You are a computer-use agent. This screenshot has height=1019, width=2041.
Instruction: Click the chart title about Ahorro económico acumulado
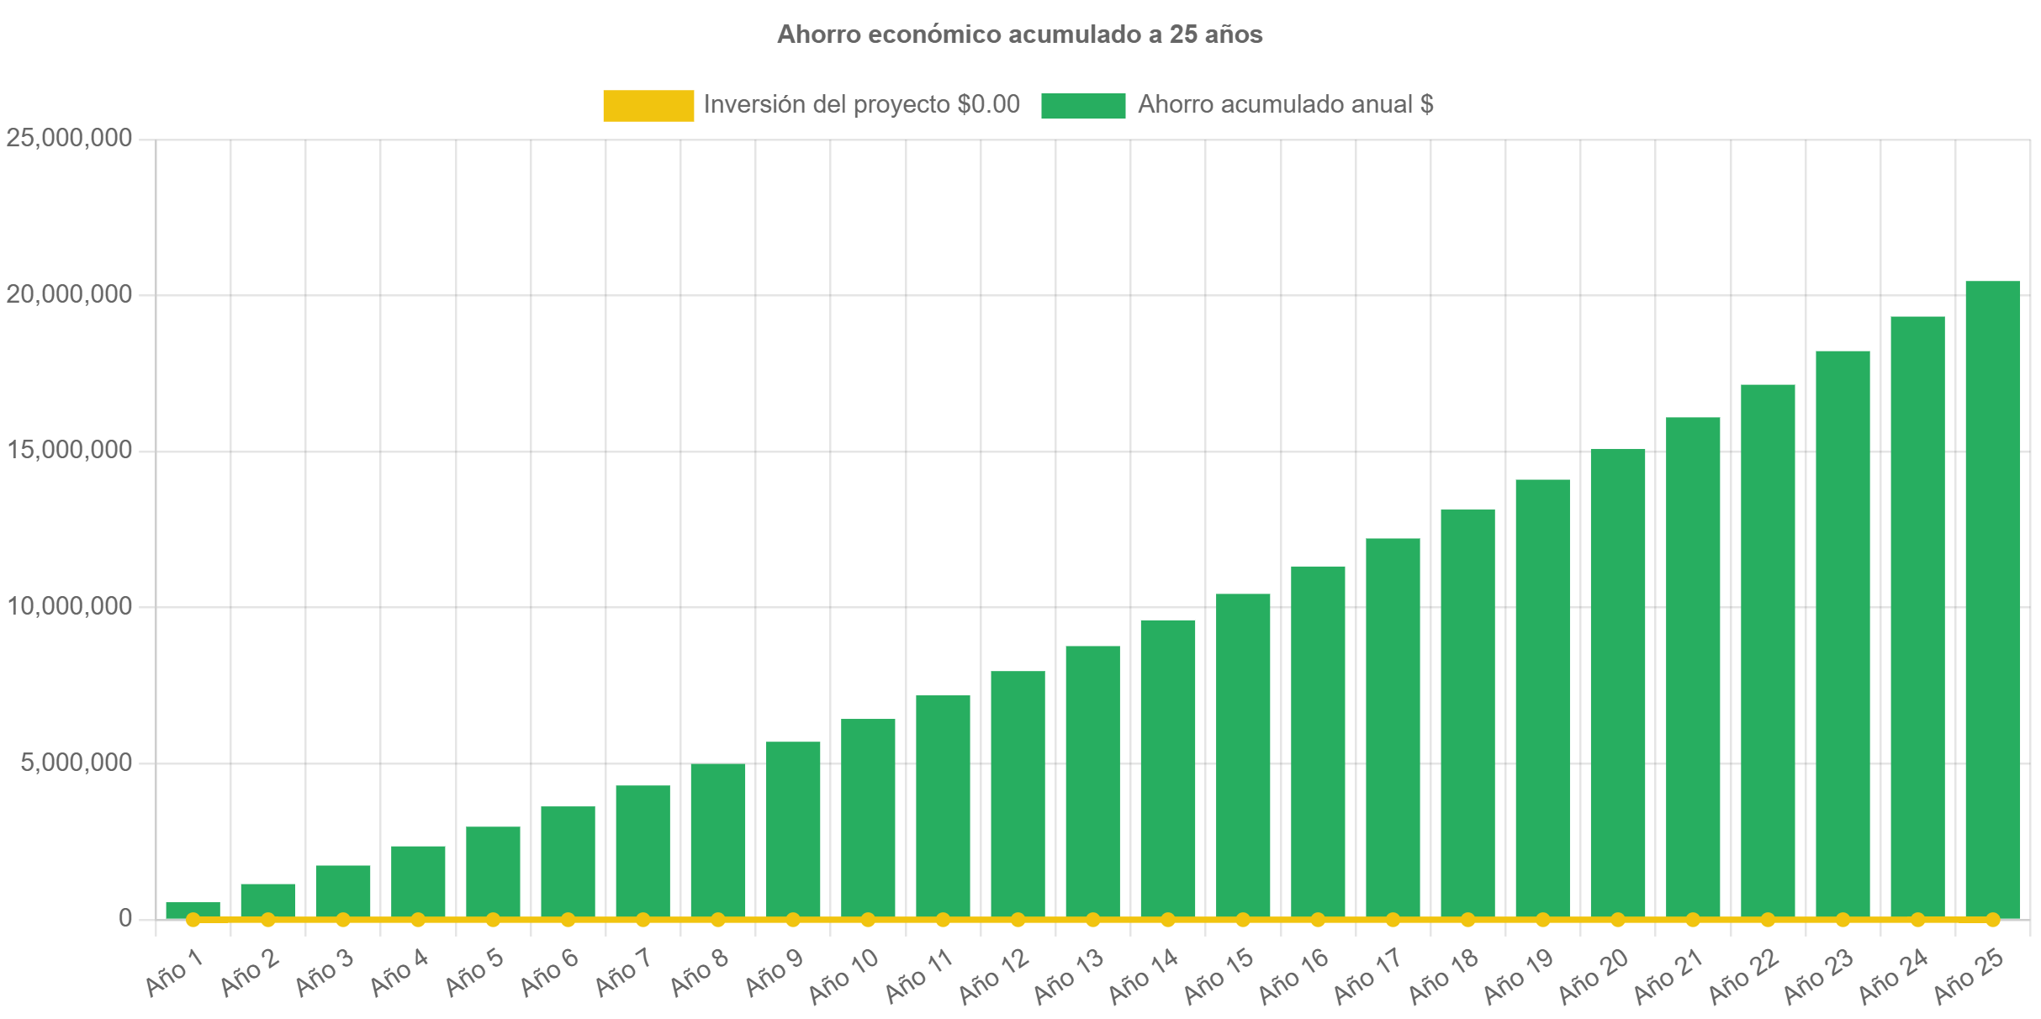click(x=1019, y=34)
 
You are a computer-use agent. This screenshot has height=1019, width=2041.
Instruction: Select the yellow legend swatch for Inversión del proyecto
click(x=648, y=105)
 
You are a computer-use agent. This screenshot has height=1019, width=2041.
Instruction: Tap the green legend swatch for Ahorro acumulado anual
click(x=1082, y=105)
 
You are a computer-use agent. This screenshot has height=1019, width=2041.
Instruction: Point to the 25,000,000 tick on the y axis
click(x=69, y=137)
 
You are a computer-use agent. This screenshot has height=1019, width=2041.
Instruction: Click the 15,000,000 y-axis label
click(x=69, y=450)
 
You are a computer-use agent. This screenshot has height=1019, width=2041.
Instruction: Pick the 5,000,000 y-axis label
click(x=77, y=762)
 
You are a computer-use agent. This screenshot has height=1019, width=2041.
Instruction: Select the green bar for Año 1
click(x=193, y=909)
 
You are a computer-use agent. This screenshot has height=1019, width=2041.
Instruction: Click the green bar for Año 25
click(x=1992, y=597)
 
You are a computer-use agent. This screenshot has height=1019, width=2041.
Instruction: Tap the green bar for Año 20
click(x=1617, y=681)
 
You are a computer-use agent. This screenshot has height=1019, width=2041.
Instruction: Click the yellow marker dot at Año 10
click(x=868, y=920)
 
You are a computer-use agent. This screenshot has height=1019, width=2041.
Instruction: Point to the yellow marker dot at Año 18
click(x=1467, y=920)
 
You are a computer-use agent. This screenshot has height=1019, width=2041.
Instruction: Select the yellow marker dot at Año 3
click(x=343, y=920)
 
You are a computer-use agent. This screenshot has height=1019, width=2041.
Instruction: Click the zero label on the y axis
click(x=124, y=918)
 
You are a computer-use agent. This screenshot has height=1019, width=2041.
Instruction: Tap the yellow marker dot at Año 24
click(x=1917, y=920)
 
